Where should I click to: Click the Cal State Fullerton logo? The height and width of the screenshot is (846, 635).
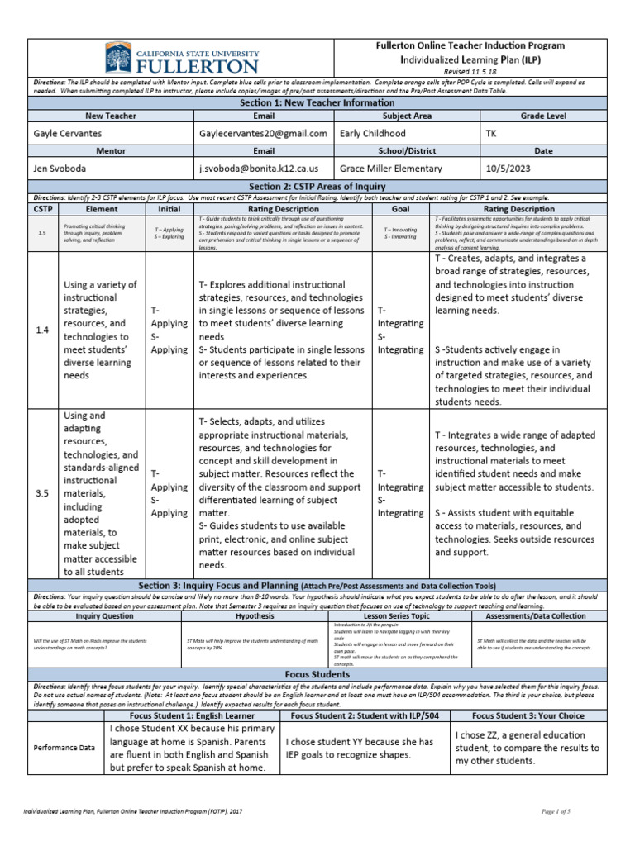click(181, 59)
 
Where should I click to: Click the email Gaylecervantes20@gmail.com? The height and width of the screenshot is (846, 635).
click(263, 133)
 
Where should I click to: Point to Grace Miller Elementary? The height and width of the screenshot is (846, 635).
click(391, 168)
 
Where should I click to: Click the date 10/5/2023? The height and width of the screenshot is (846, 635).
click(509, 168)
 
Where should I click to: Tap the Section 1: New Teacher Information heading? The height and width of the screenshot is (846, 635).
click(317, 102)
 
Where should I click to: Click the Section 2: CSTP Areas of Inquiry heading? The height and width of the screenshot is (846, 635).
click(317, 187)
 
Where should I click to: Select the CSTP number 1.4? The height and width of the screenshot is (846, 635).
click(43, 330)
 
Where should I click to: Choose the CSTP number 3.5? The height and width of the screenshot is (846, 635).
click(43, 493)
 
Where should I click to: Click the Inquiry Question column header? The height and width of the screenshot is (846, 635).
click(104, 615)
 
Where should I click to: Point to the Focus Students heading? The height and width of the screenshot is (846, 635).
click(317, 674)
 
